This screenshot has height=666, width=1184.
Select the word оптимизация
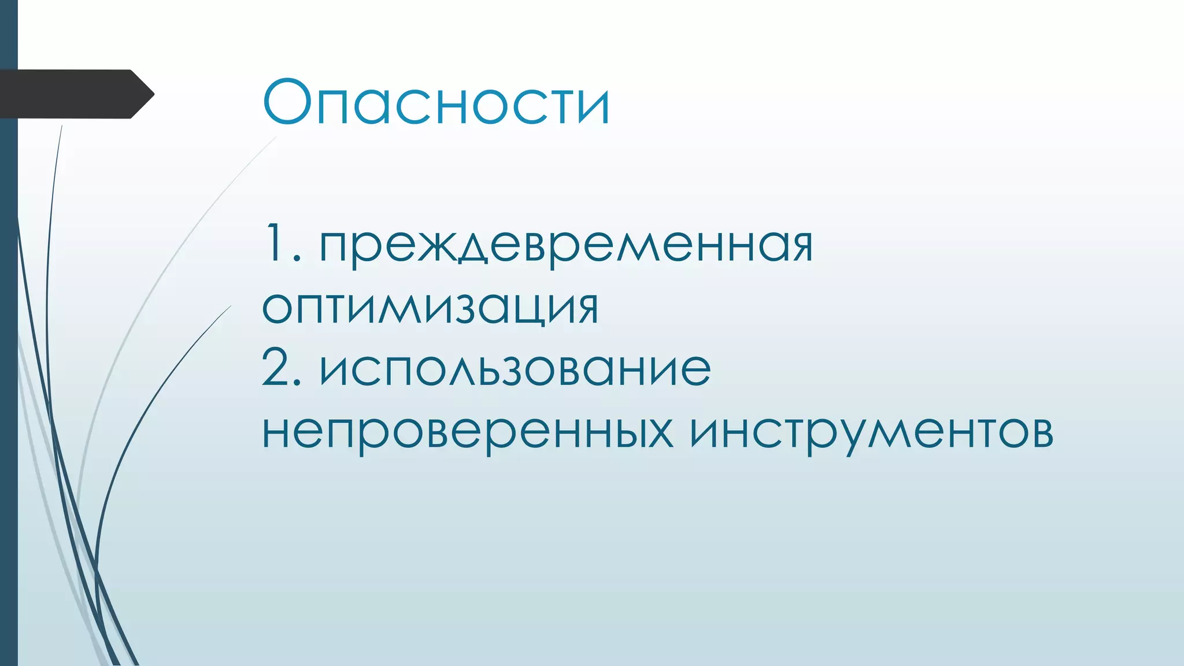click(430, 307)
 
